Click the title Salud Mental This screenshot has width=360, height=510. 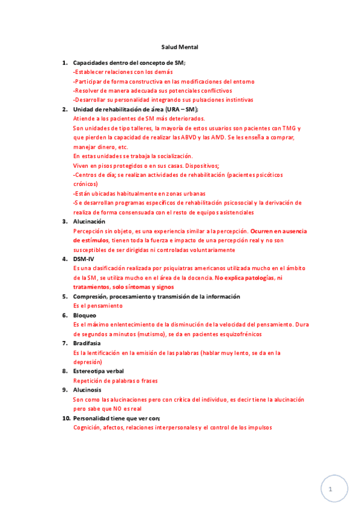pyautogui.click(x=180, y=46)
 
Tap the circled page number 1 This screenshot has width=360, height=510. pyautogui.click(x=330, y=490)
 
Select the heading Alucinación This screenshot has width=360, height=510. pyautogui.click(x=89, y=221)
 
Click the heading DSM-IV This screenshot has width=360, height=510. pyautogui.click(x=84, y=259)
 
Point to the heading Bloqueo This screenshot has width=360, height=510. pyautogui.click(x=85, y=315)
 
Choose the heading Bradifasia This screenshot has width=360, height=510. pyautogui.click(x=87, y=343)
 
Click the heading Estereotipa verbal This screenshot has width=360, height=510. pyautogui.click(x=99, y=371)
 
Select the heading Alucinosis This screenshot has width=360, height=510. pyautogui.click(x=87, y=390)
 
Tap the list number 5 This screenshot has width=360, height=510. pyautogui.click(x=65, y=296)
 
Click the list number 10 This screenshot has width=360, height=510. pyautogui.click(x=66, y=418)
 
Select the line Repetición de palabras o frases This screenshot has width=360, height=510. pyautogui.click(x=115, y=381)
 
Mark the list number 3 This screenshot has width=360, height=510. pyautogui.click(x=65, y=221)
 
